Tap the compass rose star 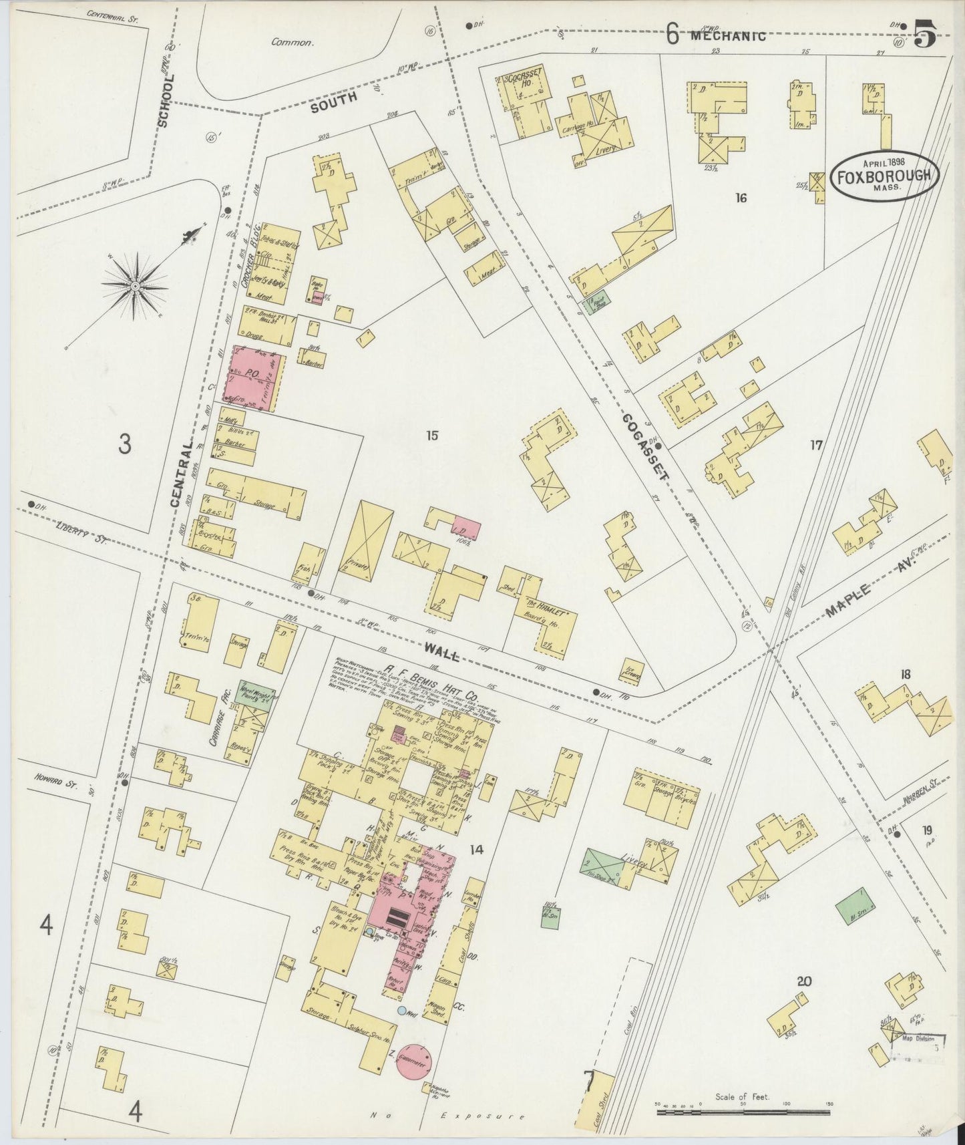(136, 286)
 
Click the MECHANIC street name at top (727, 36)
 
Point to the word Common (292, 42)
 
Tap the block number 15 (432, 436)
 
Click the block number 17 (816, 445)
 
